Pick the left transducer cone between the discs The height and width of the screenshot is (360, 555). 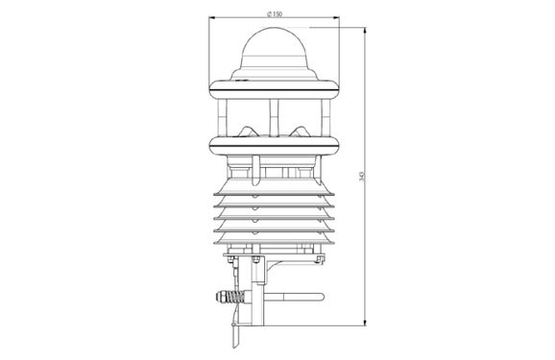(248, 127)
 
